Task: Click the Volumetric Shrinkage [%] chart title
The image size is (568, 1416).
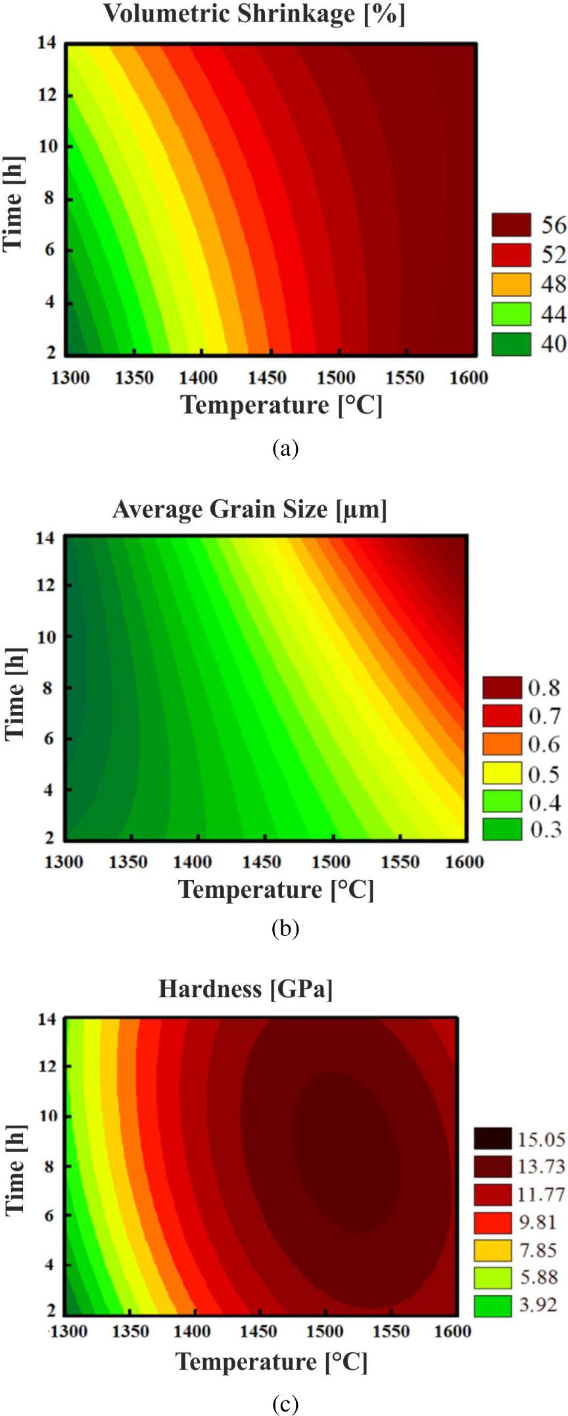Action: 254,14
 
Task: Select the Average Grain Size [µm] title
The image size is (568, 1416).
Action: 249,509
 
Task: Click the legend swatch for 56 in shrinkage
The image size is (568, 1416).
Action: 511,225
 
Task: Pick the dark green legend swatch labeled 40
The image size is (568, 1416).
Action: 511,343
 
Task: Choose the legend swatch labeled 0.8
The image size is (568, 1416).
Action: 502,687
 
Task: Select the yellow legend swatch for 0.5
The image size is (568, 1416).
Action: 502,774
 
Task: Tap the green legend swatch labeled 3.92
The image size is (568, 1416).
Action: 492,1304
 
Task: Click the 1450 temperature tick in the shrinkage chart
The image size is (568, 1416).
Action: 267,378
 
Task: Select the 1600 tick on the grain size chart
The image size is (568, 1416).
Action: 464,862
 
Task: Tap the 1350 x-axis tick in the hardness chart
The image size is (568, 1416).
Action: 130,1331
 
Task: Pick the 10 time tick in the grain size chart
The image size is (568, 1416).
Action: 46,636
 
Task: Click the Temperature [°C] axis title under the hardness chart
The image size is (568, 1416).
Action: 272,1361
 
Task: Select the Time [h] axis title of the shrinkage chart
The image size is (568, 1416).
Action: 13,204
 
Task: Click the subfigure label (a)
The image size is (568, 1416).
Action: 285,449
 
